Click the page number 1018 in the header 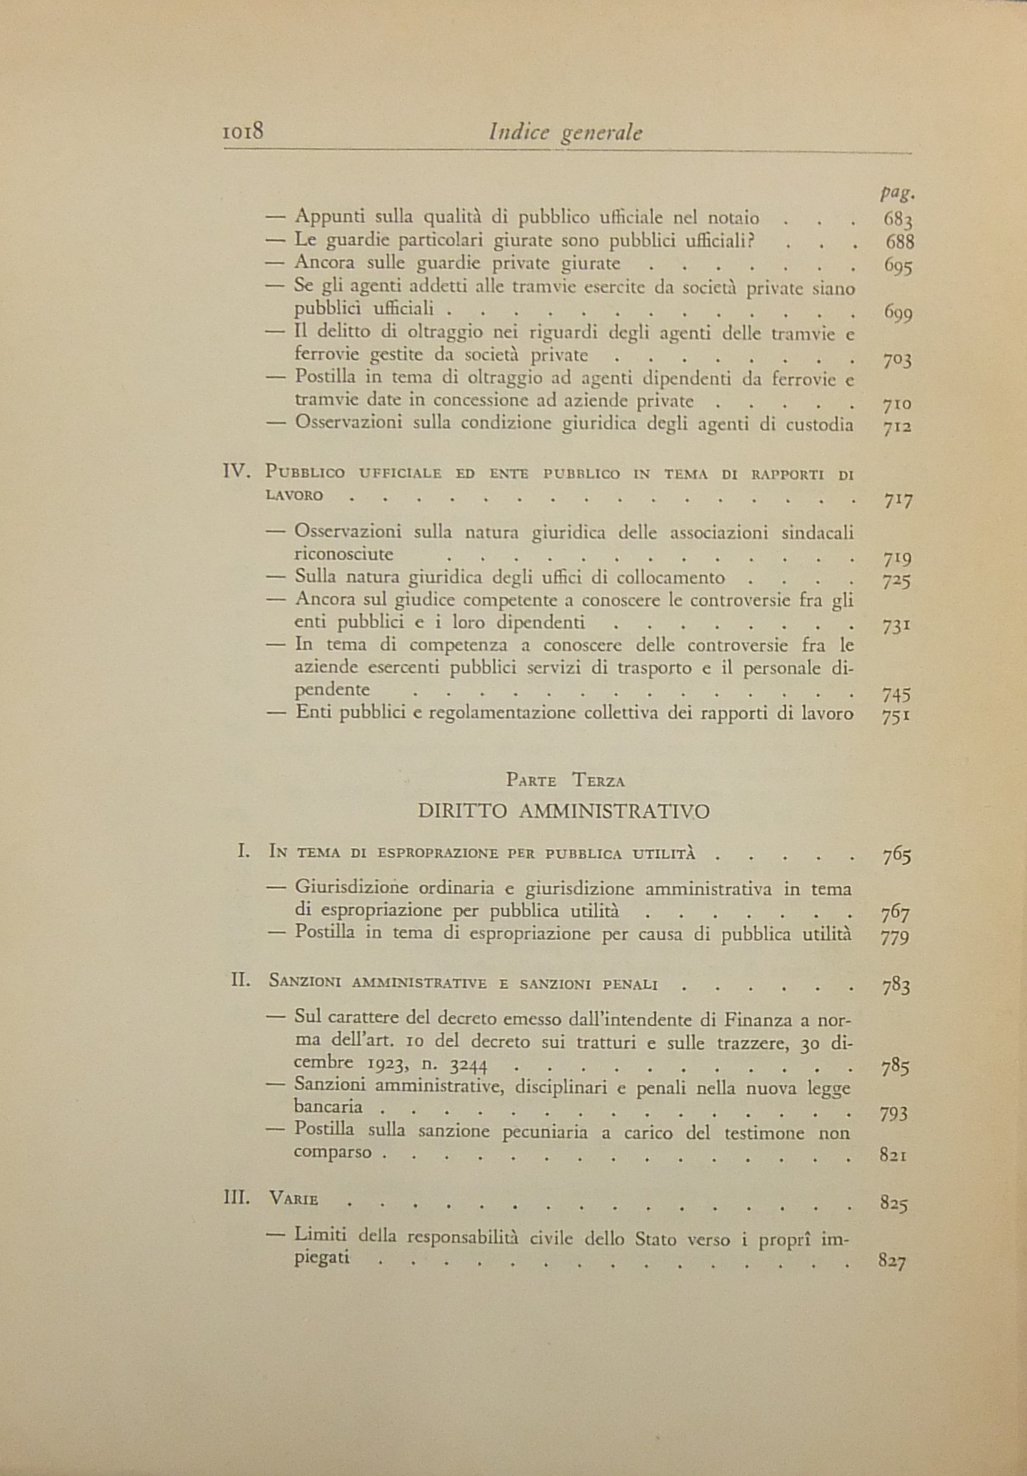click(242, 133)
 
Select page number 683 click(898, 219)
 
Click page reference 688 click(900, 242)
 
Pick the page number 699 click(898, 314)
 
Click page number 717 click(898, 501)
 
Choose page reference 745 click(897, 695)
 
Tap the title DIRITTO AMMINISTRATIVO click(563, 811)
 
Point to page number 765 click(897, 856)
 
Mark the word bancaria click(327, 1106)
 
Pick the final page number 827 click(893, 1262)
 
